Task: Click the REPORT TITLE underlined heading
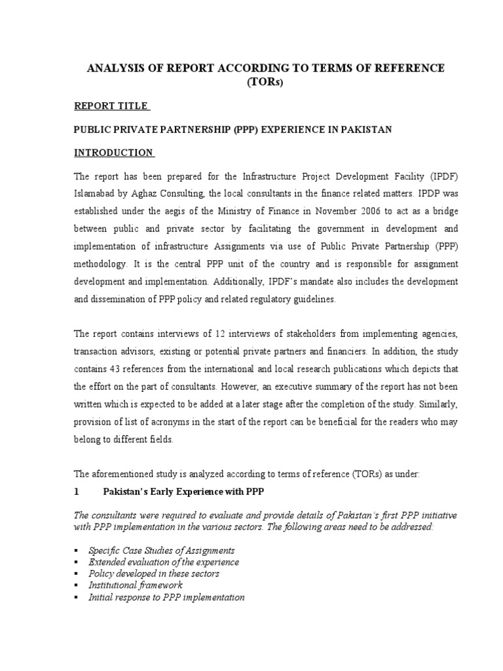pyautogui.click(x=111, y=106)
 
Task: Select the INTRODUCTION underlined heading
pyautogui.click(x=113, y=153)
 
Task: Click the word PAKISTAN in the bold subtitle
pyautogui.click(x=365, y=130)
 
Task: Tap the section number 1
pyautogui.click(x=77, y=491)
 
